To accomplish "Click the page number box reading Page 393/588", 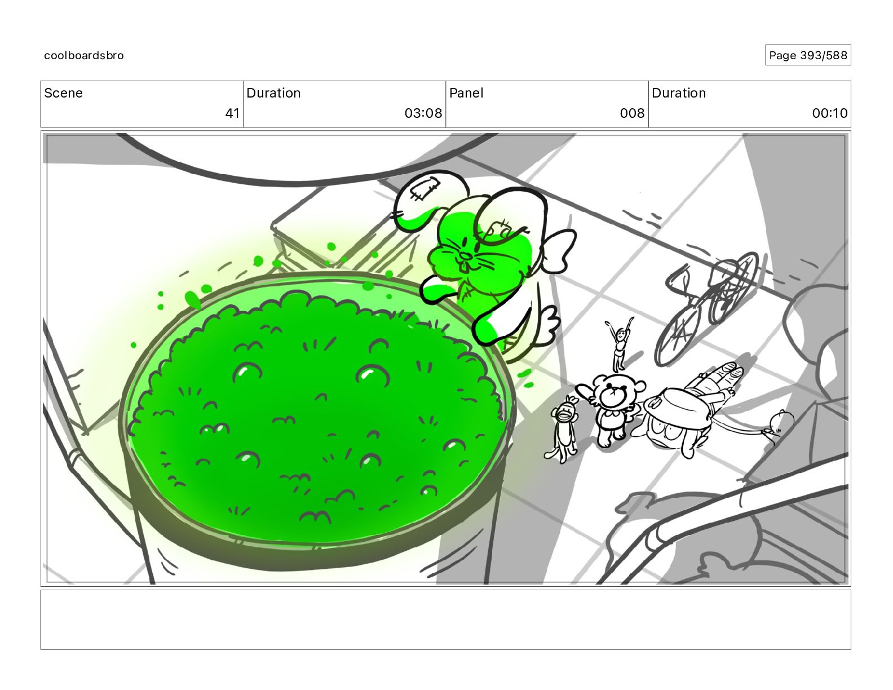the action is point(807,55).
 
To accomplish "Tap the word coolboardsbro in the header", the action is point(84,55).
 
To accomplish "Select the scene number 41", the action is point(232,113).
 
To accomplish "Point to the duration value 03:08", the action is point(423,113).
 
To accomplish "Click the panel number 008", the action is point(632,113).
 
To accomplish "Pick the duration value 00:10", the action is point(830,113).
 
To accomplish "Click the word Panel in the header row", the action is point(466,93).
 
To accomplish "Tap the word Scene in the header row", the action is point(63,93).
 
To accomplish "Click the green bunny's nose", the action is point(466,256).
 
